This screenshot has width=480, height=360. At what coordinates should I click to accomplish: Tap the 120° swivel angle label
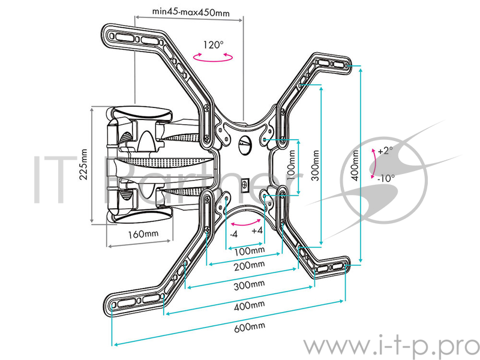(212, 44)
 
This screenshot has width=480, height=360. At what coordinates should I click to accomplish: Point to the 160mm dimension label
(142, 233)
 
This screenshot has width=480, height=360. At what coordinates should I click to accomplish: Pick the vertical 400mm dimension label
(355, 166)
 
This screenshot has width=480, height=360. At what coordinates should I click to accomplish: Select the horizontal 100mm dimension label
(248, 250)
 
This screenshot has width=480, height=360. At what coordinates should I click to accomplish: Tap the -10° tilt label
(386, 178)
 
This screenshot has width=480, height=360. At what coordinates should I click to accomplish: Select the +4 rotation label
(257, 230)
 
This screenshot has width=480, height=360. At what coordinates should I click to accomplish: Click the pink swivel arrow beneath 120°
(212, 56)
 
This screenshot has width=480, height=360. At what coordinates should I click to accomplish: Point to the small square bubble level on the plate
(244, 184)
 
